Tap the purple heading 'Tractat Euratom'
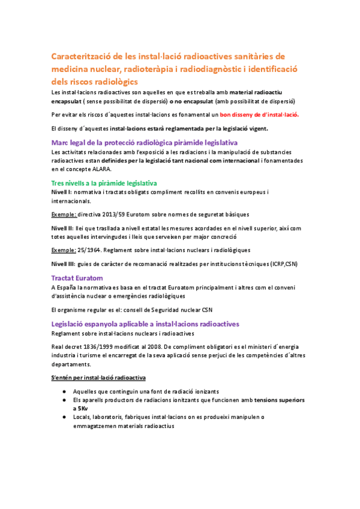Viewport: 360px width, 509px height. [77, 278]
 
